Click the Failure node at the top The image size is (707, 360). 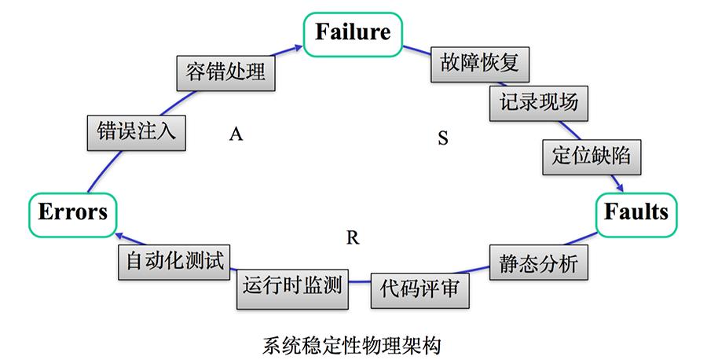click(353, 33)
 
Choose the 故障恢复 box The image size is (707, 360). click(481, 63)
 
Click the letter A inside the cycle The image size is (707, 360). click(235, 134)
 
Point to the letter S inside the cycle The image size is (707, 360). click(442, 139)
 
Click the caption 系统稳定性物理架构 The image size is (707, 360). click(353, 344)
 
